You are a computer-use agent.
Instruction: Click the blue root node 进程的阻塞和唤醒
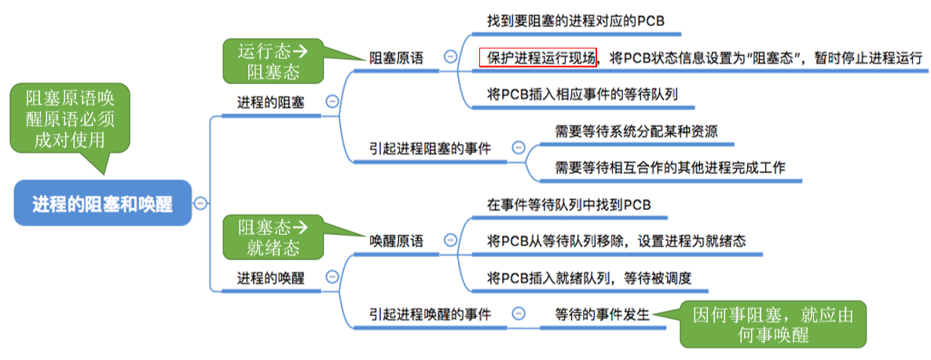[103, 204]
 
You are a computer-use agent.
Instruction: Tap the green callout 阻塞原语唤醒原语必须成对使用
[70, 118]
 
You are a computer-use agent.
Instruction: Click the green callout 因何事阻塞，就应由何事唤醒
[773, 324]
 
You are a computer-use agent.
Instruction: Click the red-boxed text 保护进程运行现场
[538, 57]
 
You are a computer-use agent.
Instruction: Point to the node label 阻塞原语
[396, 57]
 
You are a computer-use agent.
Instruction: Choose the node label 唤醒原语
[396, 241]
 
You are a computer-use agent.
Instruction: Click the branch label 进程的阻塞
[270, 102]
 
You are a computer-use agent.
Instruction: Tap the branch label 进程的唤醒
[270, 277]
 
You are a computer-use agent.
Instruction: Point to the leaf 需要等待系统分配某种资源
[636, 131]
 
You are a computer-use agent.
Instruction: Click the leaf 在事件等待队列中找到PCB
[568, 205]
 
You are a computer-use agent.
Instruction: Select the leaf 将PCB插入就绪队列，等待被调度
[588, 277]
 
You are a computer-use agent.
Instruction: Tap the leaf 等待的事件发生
[603, 314]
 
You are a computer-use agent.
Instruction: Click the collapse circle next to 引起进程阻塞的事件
[518, 147]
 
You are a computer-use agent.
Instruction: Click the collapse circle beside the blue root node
[200, 203]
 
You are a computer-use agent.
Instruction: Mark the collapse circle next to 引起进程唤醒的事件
[517, 314]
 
